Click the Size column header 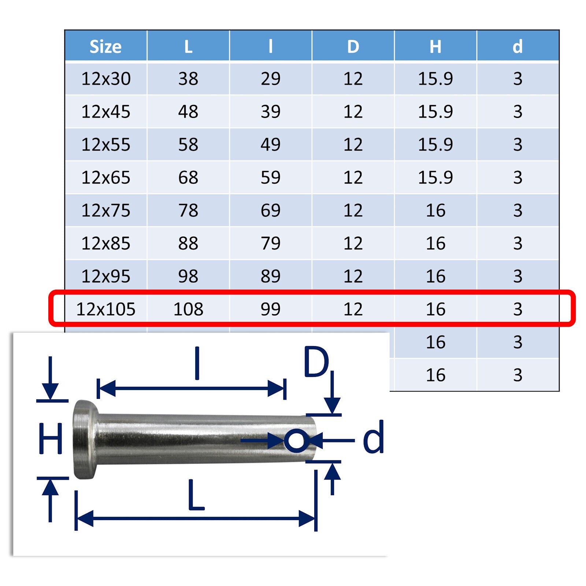(x=105, y=47)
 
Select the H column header (x=435, y=47)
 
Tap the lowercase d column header (x=518, y=47)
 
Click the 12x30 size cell (x=105, y=79)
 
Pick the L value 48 (x=188, y=112)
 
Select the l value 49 (x=271, y=145)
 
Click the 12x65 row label (x=105, y=178)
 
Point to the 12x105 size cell (x=105, y=309)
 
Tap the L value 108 (x=188, y=309)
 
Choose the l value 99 (x=271, y=309)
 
